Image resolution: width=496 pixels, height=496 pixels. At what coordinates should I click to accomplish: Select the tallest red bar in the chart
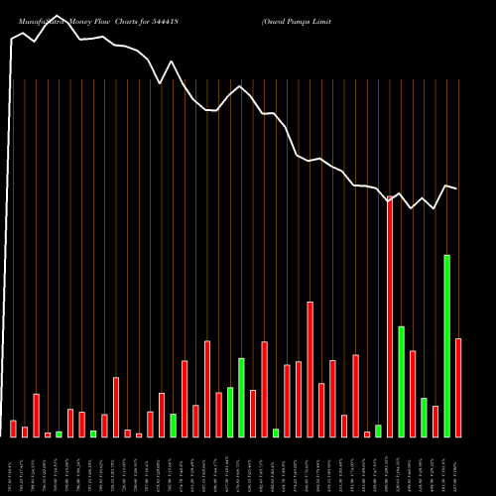point(390,317)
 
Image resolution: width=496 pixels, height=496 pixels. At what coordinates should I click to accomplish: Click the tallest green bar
point(447,346)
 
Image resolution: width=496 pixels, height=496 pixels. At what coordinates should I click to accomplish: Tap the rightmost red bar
point(458,388)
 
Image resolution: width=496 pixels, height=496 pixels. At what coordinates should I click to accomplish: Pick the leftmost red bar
point(13,429)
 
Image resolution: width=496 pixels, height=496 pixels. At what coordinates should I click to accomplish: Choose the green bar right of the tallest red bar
point(402,382)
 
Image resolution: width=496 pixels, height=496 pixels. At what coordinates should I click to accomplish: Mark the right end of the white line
point(456,187)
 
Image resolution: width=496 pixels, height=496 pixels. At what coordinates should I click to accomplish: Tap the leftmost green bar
point(59,434)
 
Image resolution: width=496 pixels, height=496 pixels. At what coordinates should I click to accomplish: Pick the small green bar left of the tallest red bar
point(378,431)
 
